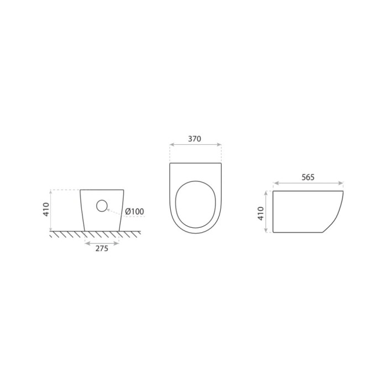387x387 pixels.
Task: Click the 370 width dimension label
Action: [x=195, y=139]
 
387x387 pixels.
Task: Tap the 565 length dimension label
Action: [x=308, y=177]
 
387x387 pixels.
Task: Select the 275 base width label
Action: [x=102, y=249]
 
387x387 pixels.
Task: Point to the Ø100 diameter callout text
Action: [x=134, y=212]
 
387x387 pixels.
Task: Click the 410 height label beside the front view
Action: [x=46, y=210]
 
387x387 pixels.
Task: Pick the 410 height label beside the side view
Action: [x=260, y=213]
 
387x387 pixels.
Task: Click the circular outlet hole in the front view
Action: [x=102, y=206]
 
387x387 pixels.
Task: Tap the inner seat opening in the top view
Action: [x=196, y=205]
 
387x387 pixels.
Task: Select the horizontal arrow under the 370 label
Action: [x=196, y=145]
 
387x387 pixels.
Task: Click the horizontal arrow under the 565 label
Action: [x=308, y=183]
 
